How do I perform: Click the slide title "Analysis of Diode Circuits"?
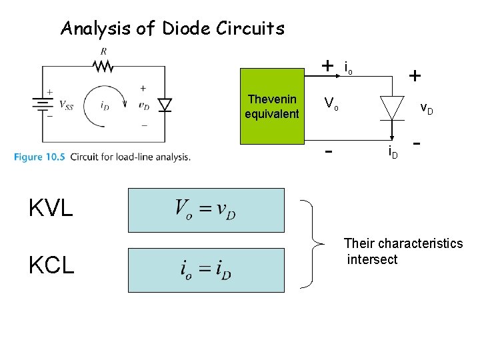click(172, 29)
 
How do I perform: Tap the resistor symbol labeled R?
click(103, 66)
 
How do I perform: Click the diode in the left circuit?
click(164, 105)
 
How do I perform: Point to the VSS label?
click(66, 105)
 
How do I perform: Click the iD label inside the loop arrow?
click(104, 105)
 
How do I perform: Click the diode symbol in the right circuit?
click(392, 107)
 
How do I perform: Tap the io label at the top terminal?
click(348, 67)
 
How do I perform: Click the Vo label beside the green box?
click(331, 103)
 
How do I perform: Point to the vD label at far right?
click(426, 107)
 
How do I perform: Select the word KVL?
click(51, 209)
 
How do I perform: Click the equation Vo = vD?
click(205, 209)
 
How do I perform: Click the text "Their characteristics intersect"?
click(403, 251)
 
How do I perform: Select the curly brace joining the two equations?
click(315, 243)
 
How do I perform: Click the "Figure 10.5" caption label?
click(39, 157)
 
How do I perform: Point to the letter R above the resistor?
click(103, 51)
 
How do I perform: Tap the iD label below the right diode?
click(393, 155)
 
